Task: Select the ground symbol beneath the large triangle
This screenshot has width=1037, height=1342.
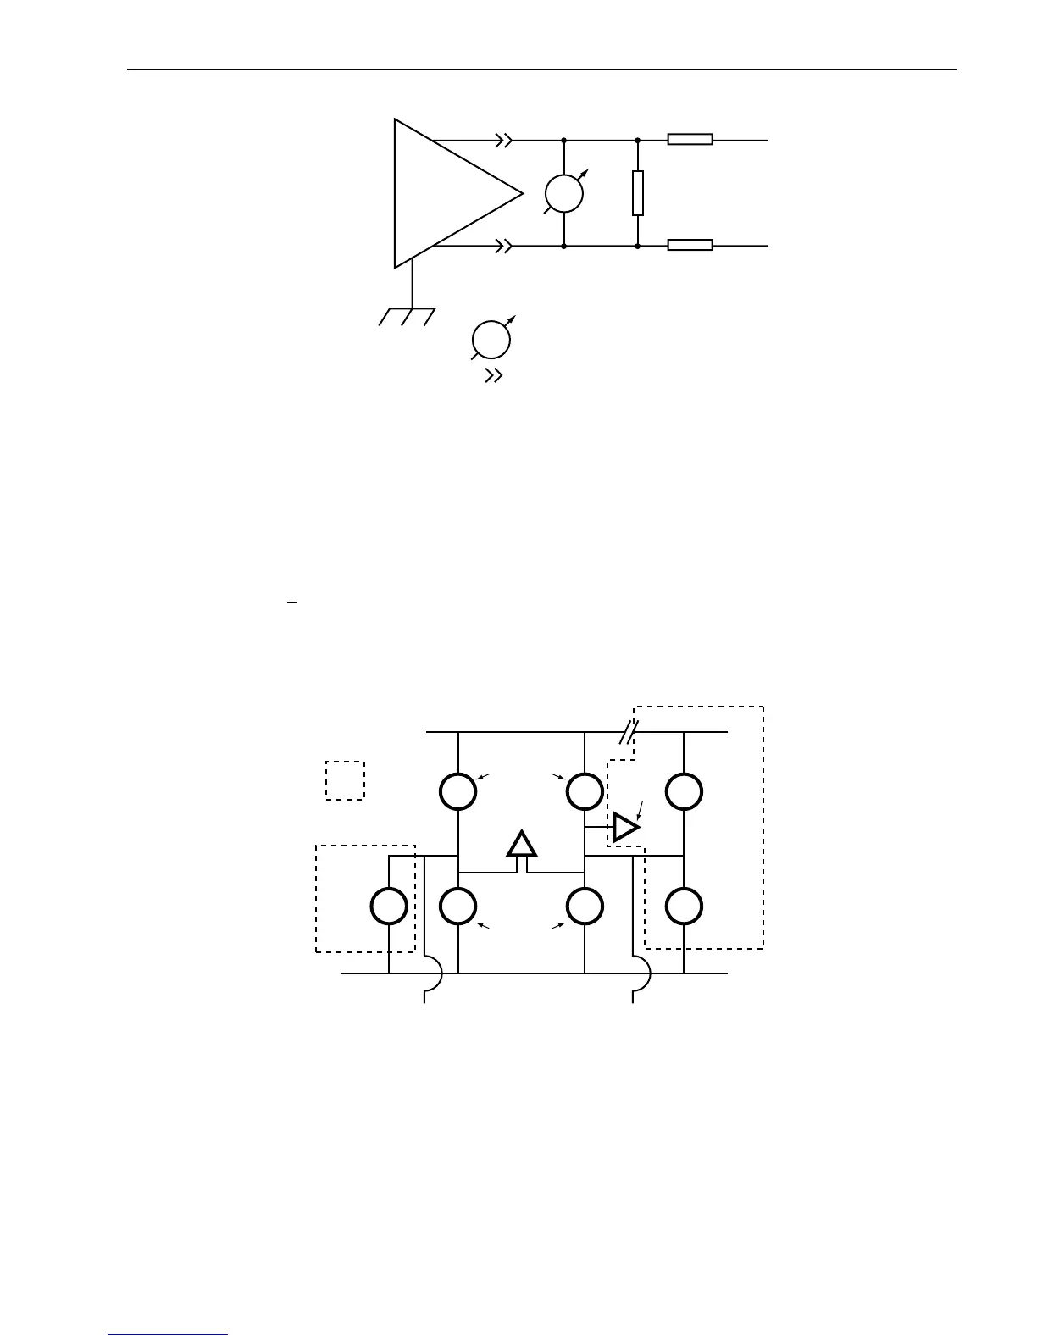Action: tap(408, 316)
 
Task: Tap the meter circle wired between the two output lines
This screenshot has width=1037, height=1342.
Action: tap(564, 193)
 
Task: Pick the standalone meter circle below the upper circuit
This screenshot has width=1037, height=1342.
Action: tap(491, 341)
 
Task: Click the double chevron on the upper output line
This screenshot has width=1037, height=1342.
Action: tap(504, 140)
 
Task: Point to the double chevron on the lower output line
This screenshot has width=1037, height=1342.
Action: tap(504, 246)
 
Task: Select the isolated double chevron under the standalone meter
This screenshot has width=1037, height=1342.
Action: tap(493, 376)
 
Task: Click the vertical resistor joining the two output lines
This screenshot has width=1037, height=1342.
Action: tap(638, 193)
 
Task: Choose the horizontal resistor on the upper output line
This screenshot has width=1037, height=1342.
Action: tap(690, 140)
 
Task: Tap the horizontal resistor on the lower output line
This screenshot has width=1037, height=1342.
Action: tap(690, 246)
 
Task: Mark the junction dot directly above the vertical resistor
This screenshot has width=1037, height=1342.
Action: tap(638, 140)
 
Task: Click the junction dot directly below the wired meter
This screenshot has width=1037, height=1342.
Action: tap(564, 246)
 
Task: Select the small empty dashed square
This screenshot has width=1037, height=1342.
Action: tap(345, 780)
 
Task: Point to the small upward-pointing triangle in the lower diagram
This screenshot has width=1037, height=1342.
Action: tap(522, 845)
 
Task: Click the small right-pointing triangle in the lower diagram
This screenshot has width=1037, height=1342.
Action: tap(625, 826)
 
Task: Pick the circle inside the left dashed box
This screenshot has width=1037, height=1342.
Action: tap(389, 906)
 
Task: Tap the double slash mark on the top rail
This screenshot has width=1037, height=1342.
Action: tap(628, 731)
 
